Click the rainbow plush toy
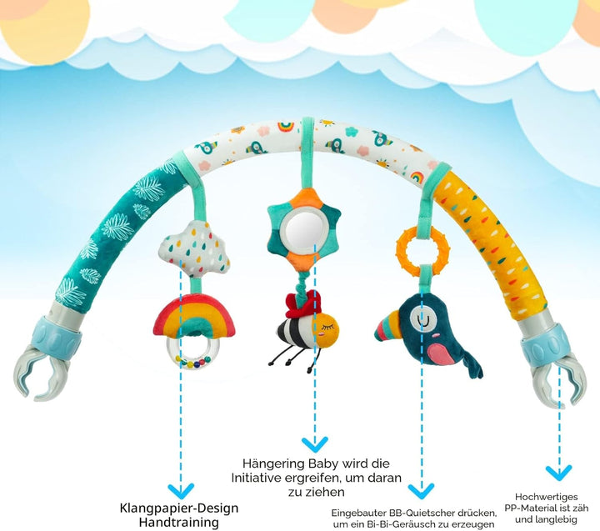coord(194,312)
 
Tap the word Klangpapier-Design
coord(179,508)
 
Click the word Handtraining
coord(178,522)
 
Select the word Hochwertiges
coord(546,497)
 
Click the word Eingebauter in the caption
coord(358,513)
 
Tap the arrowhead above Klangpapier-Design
coord(181,490)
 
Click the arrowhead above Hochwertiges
coord(558,473)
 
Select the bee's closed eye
coord(329,327)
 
